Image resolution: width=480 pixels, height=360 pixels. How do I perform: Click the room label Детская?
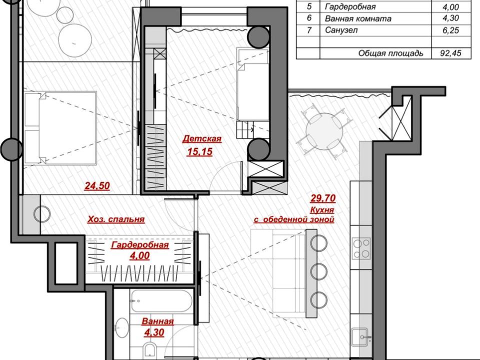201,139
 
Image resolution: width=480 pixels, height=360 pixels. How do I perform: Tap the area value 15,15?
199,151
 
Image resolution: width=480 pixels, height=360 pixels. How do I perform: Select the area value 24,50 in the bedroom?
97,186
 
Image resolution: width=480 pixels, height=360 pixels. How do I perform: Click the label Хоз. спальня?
115,219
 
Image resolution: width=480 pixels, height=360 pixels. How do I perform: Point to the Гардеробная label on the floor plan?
140,245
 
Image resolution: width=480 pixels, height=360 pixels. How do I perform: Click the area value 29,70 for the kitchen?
323,198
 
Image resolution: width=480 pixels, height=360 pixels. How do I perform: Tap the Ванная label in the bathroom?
157,321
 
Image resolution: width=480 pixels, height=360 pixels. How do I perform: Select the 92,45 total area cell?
450,53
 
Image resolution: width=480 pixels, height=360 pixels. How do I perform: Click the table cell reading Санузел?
341,30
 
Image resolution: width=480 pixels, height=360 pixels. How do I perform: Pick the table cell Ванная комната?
358,18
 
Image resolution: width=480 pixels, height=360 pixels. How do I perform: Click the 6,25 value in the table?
451,30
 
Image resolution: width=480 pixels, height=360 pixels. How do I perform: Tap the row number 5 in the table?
309,6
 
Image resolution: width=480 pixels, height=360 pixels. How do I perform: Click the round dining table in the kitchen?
324,131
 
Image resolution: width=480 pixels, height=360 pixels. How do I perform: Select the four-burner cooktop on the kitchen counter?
361,248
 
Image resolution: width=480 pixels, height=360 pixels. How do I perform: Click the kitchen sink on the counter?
361,337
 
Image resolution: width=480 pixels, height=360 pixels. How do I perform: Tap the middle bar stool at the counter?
319,271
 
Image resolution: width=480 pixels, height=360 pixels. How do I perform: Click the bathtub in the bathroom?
161,300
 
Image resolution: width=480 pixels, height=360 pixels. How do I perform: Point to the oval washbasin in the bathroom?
122,328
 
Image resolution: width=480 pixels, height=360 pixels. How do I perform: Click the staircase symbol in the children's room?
245,129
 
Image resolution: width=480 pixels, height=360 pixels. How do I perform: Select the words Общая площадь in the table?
390,53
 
